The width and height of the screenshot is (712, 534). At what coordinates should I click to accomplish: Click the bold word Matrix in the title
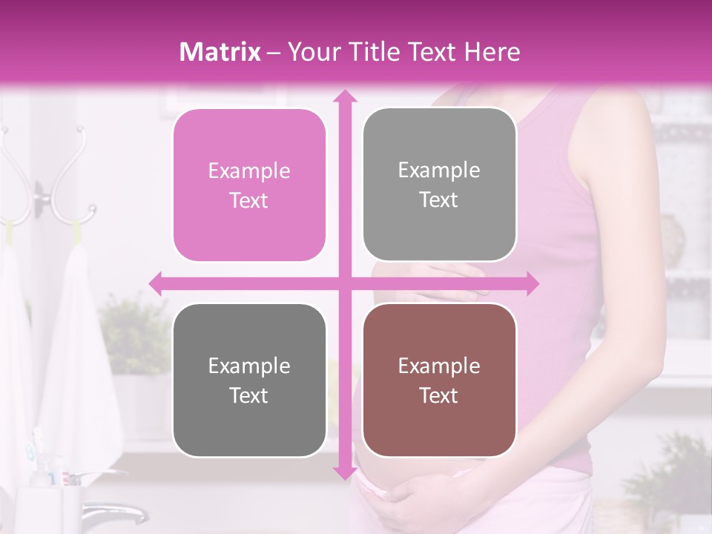[220, 52]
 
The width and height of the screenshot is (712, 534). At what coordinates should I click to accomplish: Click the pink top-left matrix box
[249, 185]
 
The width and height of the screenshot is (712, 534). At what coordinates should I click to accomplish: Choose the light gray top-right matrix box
[439, 185]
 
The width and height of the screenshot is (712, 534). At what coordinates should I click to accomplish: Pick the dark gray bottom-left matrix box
[249, 380]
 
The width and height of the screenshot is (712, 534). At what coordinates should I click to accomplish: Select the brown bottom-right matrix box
[439, 380]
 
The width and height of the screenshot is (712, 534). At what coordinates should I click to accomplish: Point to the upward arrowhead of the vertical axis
[344, 96]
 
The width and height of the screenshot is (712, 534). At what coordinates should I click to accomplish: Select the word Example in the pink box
[249, 171]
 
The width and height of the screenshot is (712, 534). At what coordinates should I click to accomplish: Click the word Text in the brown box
[439, 396]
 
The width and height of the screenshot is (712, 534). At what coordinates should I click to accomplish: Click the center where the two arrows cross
[344, 283]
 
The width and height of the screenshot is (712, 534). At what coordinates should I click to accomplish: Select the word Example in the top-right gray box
[439, 171]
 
